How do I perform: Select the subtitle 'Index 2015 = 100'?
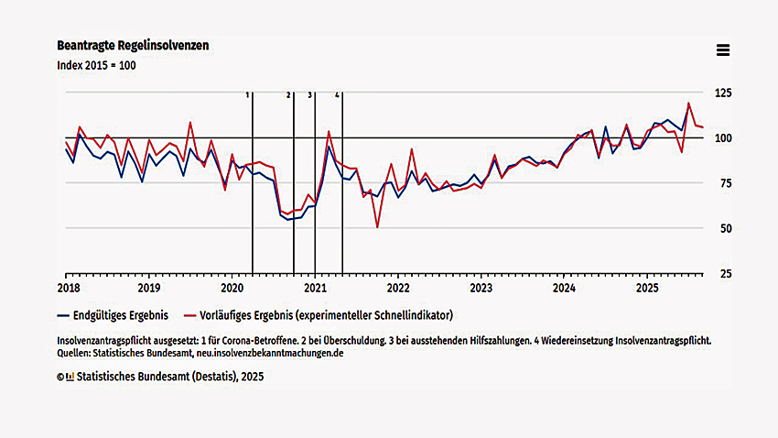click(x=96, y=65)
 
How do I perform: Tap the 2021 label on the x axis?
click(x=315, y=286)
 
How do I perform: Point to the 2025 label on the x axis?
click(x=647, y=286)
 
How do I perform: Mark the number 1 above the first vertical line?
click(x=247, y=94)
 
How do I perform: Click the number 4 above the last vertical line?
click(x=337, y=94)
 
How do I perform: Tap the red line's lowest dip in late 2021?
click(x=377, y=227)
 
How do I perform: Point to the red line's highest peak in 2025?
click(x=688, y=104)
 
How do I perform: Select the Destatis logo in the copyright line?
click(x=70, y=376)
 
